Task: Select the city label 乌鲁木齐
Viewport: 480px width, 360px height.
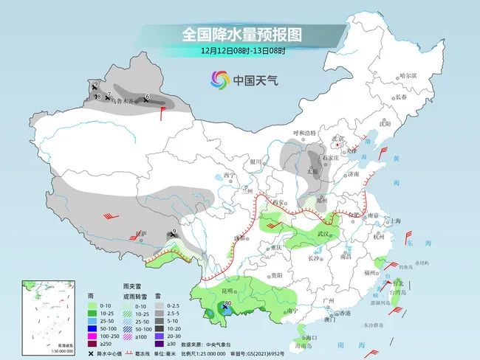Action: (123, 102)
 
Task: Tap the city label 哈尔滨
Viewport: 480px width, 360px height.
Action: (408, 76)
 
